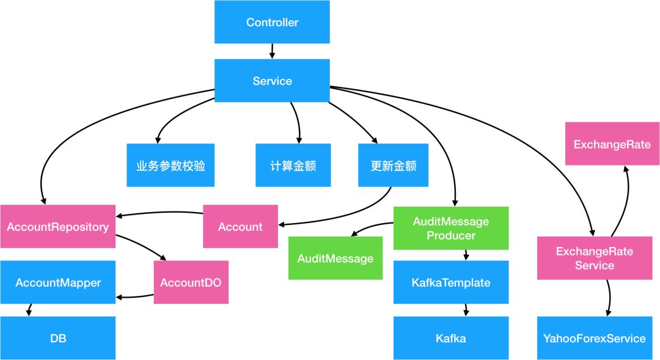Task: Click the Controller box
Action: click(x=272, y=22)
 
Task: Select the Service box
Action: click(x=272, y=81)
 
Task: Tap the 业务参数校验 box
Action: click(x=170, y=165)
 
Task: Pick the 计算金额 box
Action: click(x=293, y=165)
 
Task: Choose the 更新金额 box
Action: click(x=393, y=165)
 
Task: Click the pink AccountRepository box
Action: click(x=57, y=227)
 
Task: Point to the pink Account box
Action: click(x=240, y=227)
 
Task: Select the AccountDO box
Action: click(x=191, y=282)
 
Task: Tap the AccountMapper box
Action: click(x=57, y=282)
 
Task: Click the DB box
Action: click(x=57, y=338)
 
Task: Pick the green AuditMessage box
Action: click(x=335, y=258)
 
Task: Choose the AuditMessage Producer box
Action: click(x=451, y=228)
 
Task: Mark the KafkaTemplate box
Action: click(x=451, y=282)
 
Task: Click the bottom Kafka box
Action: click(x=451, y=338)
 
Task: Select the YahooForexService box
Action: click(x=595, y=338)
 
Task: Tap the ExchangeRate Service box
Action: click(x=595, y=258)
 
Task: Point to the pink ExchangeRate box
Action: click(x=612, y=144)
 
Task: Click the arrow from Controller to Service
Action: click(x=272, y=51)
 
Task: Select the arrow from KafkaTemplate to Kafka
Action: click(x=466, y=310)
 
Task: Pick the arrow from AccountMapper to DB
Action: click(x=29, y=310)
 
